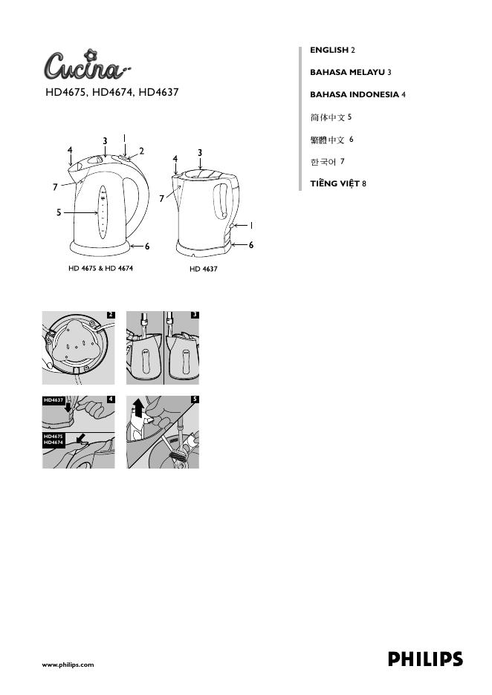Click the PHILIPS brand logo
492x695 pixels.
(x=425, y=659)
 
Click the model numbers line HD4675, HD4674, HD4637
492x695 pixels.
(x=112, y=93)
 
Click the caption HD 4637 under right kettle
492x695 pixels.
(x=203, y=267)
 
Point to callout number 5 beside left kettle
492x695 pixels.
(x=59, y=213)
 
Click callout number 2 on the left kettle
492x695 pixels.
(x=141, y=151)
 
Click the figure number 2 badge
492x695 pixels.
(x=111, y=315)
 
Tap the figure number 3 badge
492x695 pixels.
(x=195, y=315)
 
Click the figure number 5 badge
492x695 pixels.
(x=195, y=399)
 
